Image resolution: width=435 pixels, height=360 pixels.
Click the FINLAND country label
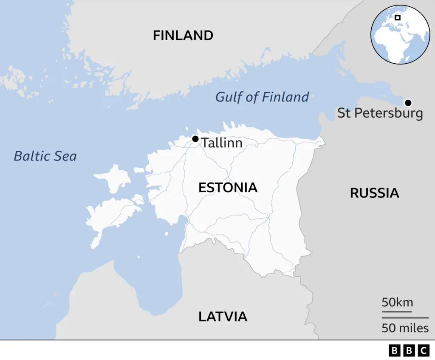pyautogui.click(x=183, y=36)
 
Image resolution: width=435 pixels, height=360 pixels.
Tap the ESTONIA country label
pyautogui.click(x=228, y=188)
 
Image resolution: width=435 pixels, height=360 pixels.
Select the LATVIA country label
pyautogui.click(x=223, y=316)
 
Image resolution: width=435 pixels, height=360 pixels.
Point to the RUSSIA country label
pyautogui.click(x=374, y=193)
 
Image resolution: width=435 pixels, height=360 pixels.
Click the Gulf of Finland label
pyautogui.click(x=262, y=97)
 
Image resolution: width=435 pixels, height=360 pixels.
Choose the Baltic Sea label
pyautogui.click(x=45, y=156)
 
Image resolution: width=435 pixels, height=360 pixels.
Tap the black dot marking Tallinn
pyautogui.click(x=195, y=139)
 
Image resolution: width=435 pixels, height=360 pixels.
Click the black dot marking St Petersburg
pyautogui.click(x=408, y=102)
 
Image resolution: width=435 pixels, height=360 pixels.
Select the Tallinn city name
pyautogui.click(x=222, y=143)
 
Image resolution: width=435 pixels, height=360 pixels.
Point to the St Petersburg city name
pyautogui.click(x=380, y=113)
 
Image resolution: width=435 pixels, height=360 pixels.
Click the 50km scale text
pyautogui.click(x=397, y=302)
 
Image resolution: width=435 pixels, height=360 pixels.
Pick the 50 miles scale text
pyautogui.click(x=405, y=328)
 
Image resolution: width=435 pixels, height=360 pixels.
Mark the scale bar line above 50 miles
pyautogui.click(x=405, y=318)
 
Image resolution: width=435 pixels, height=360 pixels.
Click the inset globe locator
pyautogui.click(x=400, y=34)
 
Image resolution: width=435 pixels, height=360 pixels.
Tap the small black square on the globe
pyautogui.click(x=398, y=17)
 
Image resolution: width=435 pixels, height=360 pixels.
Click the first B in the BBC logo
pyautogui.click(x=395, y=351)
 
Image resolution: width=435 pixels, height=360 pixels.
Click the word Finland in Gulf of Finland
pyautogui.click(x=285, y=97)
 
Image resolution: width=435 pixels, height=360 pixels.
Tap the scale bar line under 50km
pyautogui.click(x=397, y=312)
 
